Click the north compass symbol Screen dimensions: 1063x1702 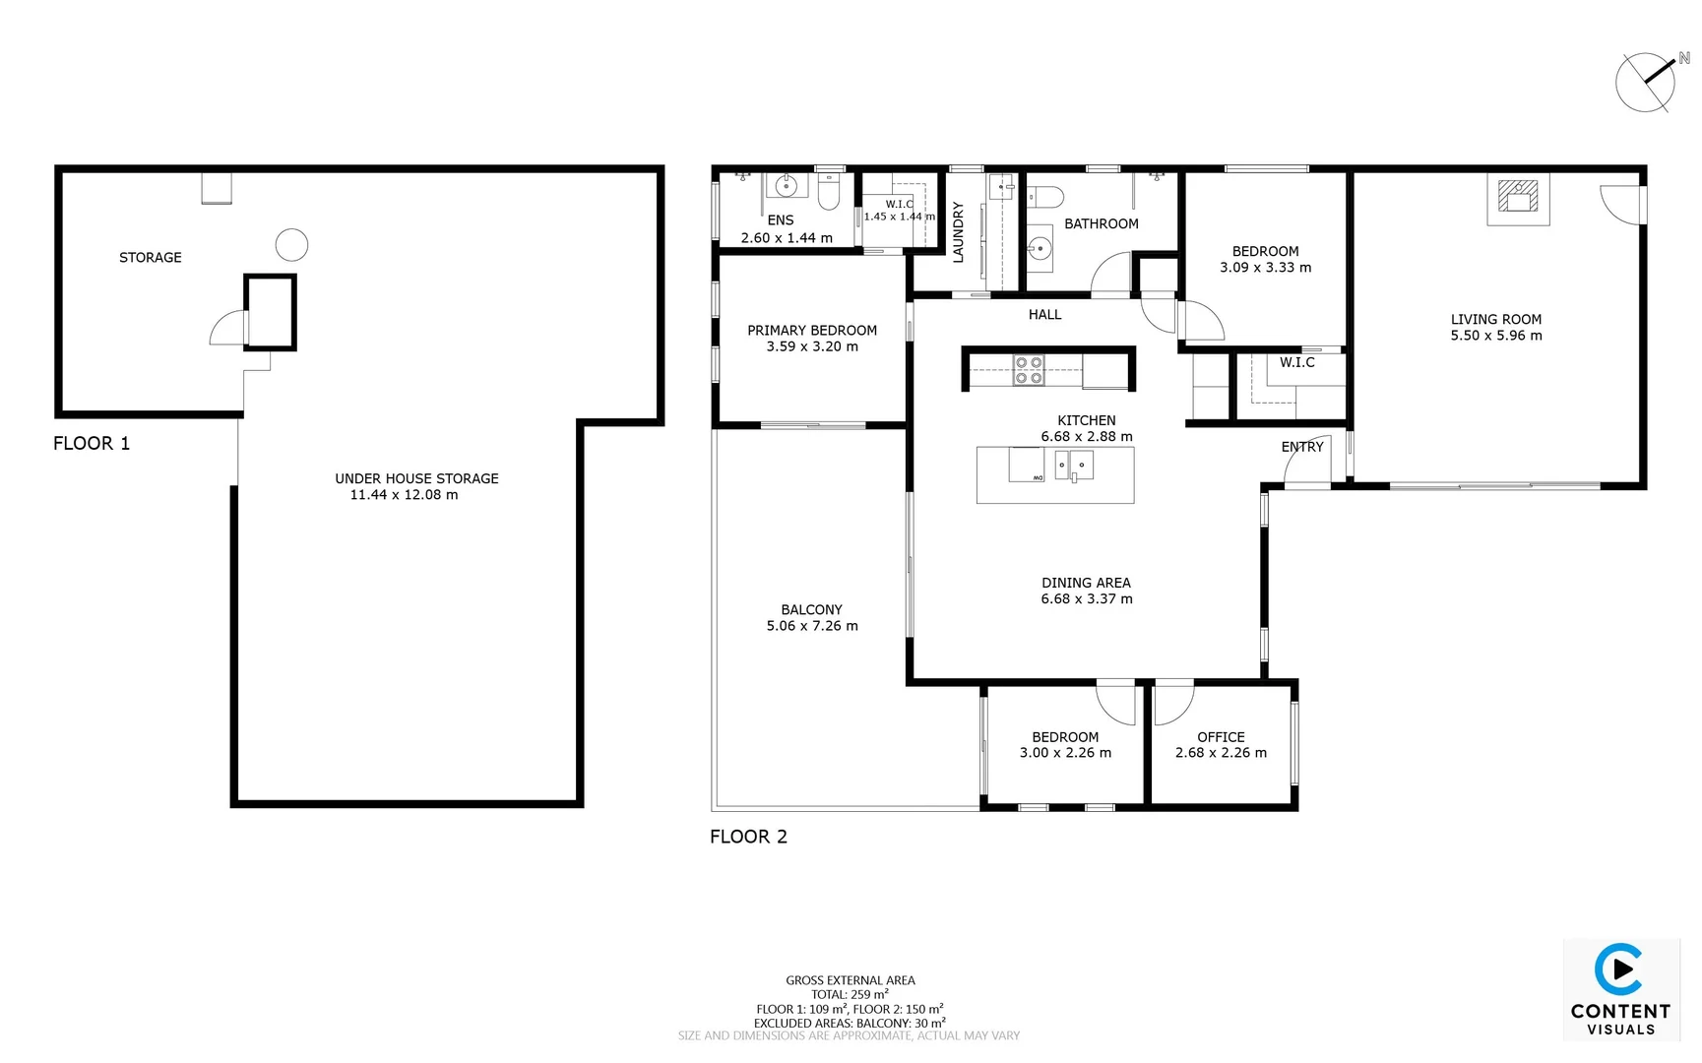pyautogui.click(x=1646, y=83)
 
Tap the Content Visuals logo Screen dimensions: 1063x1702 pyautogui.click(x=1620, y=989)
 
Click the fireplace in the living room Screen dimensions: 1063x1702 pyautogui.click(x=1518, y=197)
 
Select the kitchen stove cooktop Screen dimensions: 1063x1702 pyautogui.click(x=1029, y=370)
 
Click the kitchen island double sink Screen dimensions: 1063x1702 pyautogui.click(x=1073, y=465)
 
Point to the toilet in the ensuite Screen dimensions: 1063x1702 pyautogui.click(x=828, y=194)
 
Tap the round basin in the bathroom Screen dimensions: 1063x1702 pyautogui.click(x=1040, y=249)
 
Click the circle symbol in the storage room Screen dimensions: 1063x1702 pyautogui.click(x=291, y=244)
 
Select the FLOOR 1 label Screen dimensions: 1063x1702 pyautogui.click(x=92, y=443)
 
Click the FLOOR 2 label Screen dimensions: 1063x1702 pyautogui.click(x=748, y=837)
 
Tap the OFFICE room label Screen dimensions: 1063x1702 pyautogui.click(x=1221, y=736)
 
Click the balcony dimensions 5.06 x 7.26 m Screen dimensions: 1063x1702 pyautogui.click(x=812, y=626)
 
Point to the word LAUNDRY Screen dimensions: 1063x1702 pyautogui.click(x=958, y=231)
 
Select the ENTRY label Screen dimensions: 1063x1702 pyautogui.click(x=1301, y=447)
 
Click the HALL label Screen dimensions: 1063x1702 pyautogui.click(x=1044, y=315)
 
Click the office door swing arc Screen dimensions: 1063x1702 pyautogui.click(x=1173, y=702)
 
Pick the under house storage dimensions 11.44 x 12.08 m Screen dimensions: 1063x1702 pyautogui.click(x=404, y=495)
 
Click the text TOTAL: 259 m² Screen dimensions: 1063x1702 pyautogui.click(x=850, y=994)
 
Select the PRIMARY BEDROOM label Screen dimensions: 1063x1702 pyautogui.click(x=811, y=331)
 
